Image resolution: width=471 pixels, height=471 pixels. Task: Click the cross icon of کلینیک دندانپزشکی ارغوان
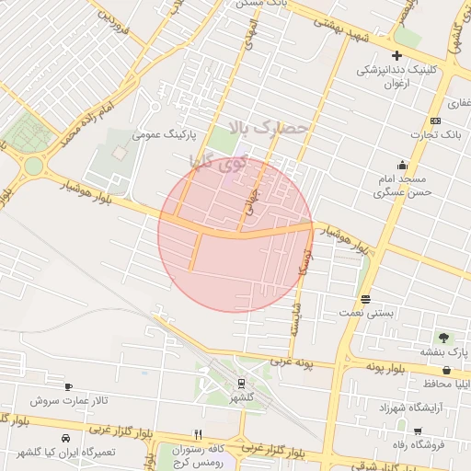[397, 55]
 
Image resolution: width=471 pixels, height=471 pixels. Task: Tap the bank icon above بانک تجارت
[435, 121]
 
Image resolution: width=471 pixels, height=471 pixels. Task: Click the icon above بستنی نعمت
[366, 299]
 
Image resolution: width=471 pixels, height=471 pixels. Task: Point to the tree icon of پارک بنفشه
[444, 338]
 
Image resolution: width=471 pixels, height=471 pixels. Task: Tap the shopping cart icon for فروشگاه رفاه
[417, 431]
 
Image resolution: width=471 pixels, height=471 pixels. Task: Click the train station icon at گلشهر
[241, 384]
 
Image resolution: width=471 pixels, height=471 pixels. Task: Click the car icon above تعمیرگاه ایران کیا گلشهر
[65, 438]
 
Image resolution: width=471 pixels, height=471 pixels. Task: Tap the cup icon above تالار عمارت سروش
[68, 387]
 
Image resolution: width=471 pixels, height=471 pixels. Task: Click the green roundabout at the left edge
[34, 167]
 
